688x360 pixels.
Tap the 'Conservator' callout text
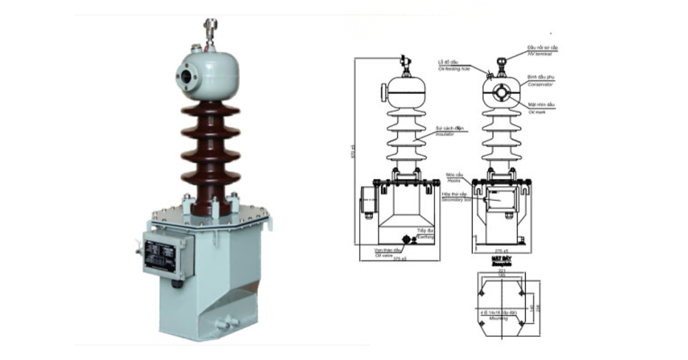[540, 84]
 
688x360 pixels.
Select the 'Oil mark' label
[537, 112]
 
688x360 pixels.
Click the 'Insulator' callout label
[444, 134]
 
